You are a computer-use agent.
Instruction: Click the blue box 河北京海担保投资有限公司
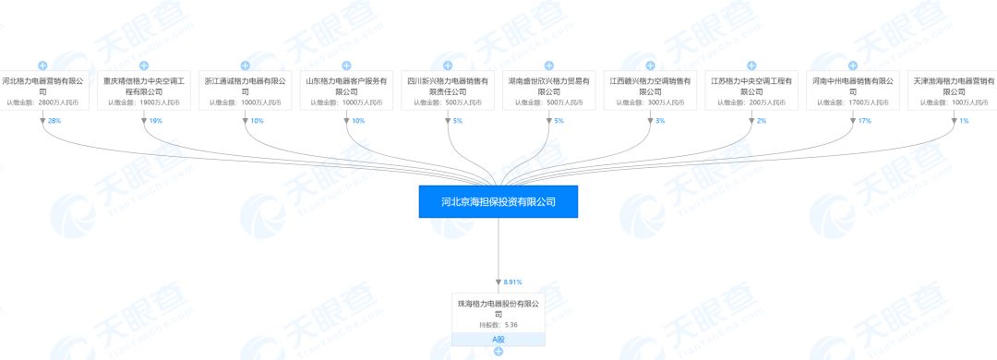click(498, 200)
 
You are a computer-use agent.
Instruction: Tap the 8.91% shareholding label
click(512, 281)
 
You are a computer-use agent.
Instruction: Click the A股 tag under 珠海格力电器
click(498, 339)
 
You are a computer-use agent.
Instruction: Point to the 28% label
click(54, 121)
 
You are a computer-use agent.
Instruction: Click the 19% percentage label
click(155, 121)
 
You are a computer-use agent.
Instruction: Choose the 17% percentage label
click(865, 121)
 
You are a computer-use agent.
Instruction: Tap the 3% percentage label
click(660, 121)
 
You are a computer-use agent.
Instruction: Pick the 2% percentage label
click(762, 121)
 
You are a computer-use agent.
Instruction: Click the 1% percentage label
click(965, 121)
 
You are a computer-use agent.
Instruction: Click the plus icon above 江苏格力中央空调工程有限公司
click(751, 66)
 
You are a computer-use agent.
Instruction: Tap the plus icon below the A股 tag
click(498, 352)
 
